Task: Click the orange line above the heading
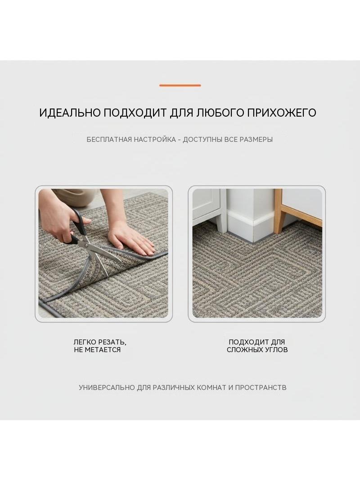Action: (x=180, y=86)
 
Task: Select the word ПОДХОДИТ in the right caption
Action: (x=248, y=342)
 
